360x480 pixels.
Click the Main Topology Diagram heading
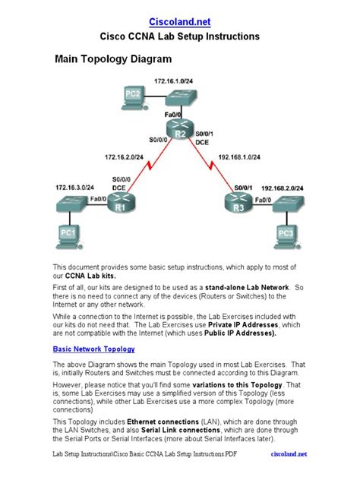(112, 57)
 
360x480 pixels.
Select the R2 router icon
(180, 132)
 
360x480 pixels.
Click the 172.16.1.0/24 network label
(174, 80)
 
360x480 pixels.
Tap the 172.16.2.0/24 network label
(126, 157)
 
